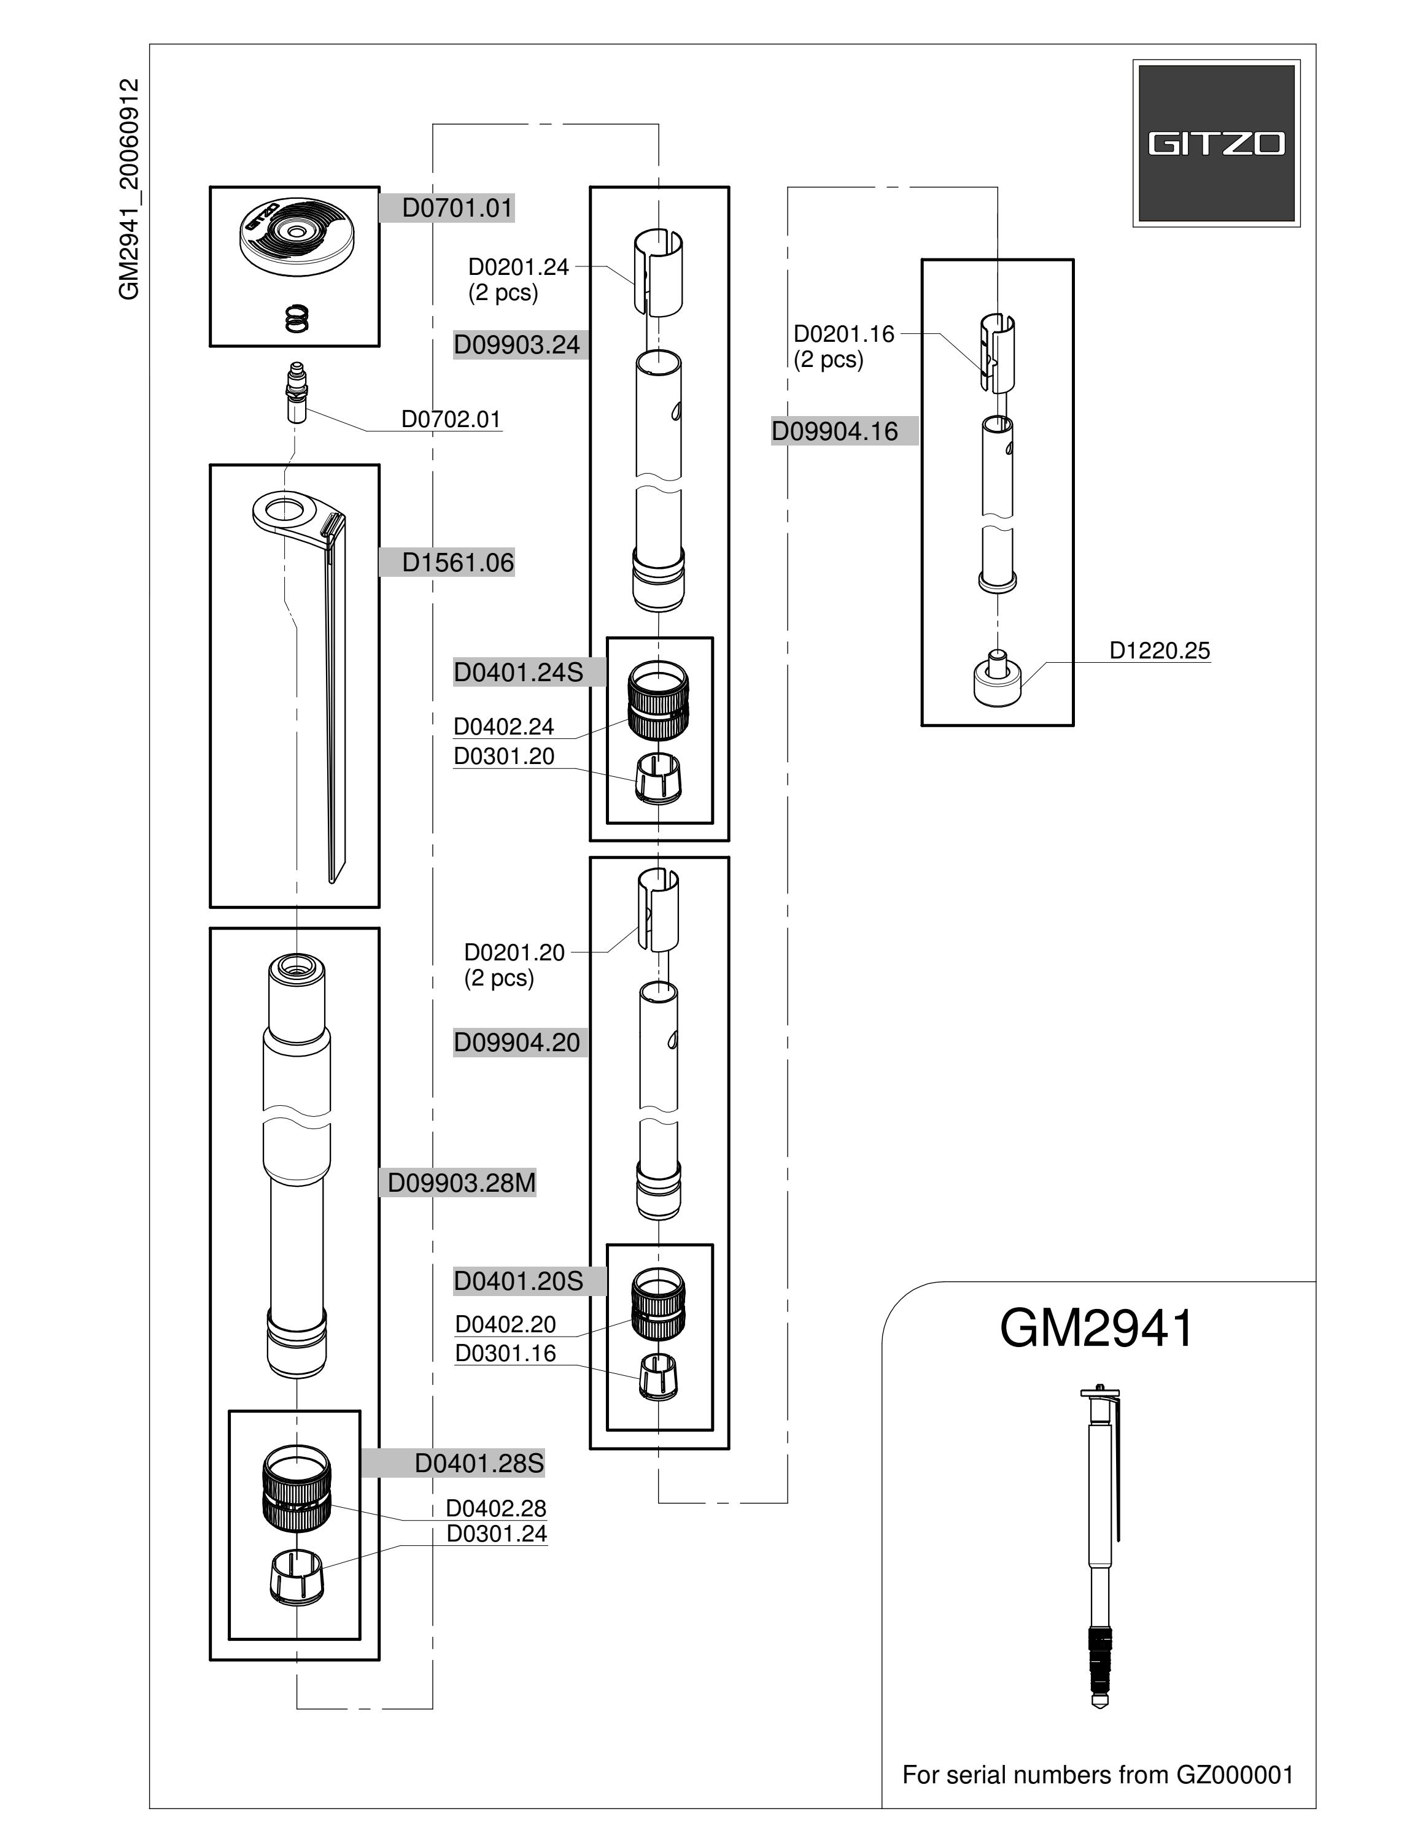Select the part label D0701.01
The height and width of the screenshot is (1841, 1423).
tap(458, 208)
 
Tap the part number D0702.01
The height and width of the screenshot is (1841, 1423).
tap(451, 419)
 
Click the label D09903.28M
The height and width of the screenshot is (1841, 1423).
tap(461, 1183)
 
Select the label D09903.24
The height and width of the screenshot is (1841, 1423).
tap(517, 345)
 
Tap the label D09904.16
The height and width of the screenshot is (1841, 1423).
tap(834, 431)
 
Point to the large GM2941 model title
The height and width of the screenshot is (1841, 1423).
tap(1097, 1329)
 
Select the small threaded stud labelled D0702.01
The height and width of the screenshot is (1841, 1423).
tap(296, 393)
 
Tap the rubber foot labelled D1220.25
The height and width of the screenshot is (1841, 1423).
tap(998, 679)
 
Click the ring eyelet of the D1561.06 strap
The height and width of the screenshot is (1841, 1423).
tap(287, 510)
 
